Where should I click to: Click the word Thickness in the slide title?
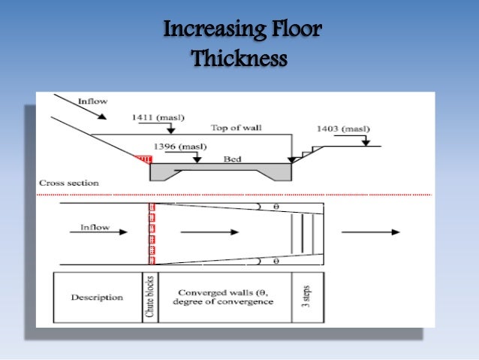click(239, 58)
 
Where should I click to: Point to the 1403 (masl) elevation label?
click(342, 129)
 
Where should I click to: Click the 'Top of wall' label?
click(233, 127)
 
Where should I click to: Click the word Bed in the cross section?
click(232, 159)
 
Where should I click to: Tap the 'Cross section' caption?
click(68, 183)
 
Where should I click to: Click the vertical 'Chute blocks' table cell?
click(149, 298)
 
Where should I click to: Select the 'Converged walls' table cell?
click(224, 298)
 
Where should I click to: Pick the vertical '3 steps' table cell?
click(306, 298)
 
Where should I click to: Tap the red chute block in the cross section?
click(143, 160)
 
